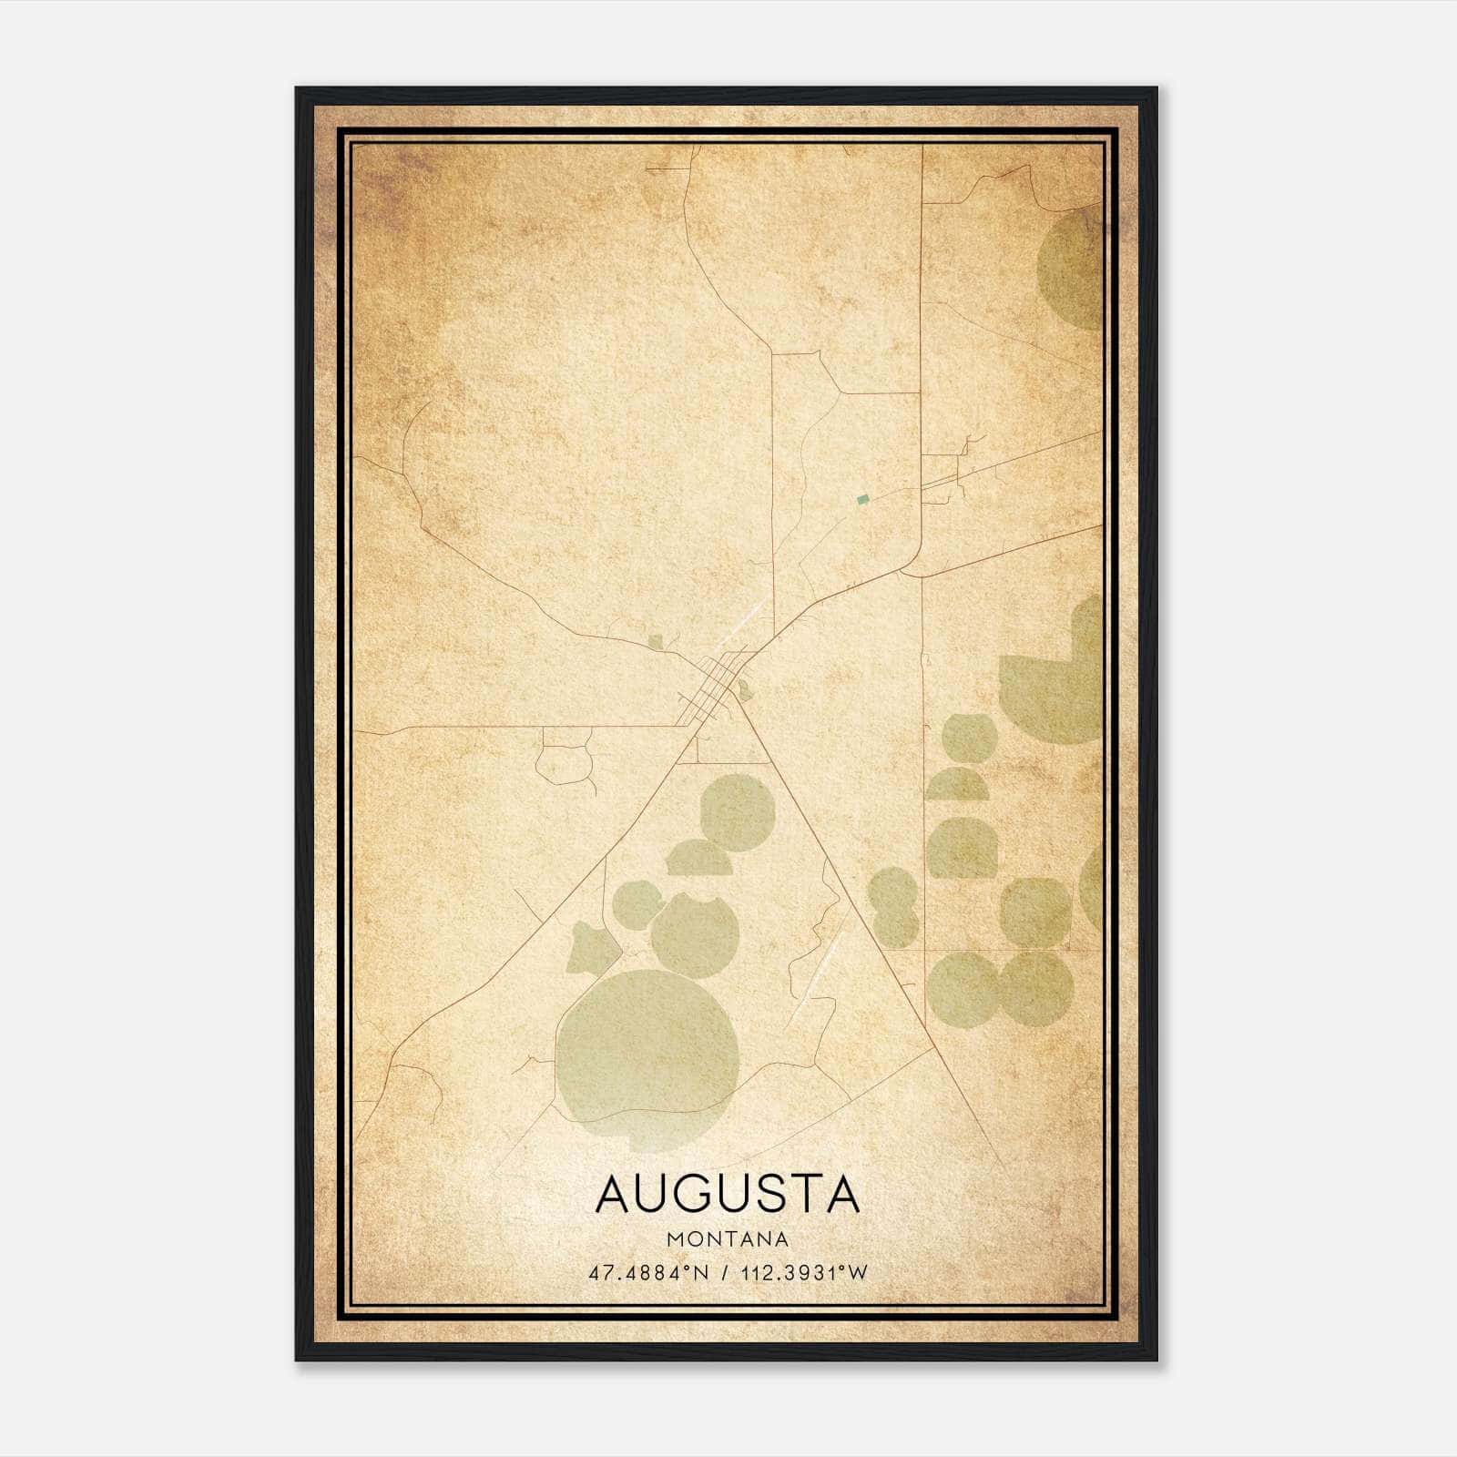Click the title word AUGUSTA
coord(728,1194)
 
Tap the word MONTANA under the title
coord(728,1239)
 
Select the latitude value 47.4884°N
coord(647,1273)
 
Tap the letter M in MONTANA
coord(675,1239)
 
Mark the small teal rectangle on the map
coord(862,499)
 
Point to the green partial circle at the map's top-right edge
coord(1073,269)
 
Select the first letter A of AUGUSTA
coord(613,1194)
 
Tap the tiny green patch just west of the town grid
coord(656,642)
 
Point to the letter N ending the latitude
coord(701,1273)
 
